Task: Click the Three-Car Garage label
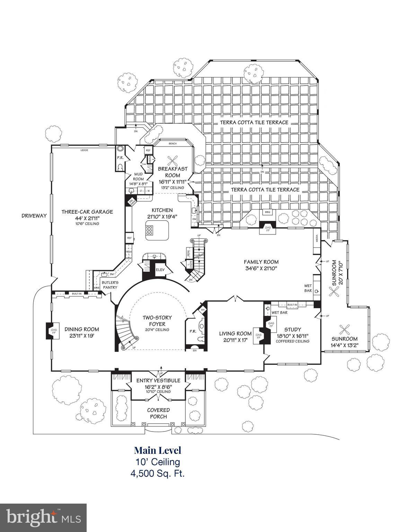pyautogui.click(x=87, y=212)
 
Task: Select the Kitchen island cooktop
pyautogui.click(x=151, y=230)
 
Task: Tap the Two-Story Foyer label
pyautogui.click(x=157, y=321)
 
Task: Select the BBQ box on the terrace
pyautogui.click(x=267, y=212)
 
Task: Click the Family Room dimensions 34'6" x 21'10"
pyautogui.click(x=261, y=268)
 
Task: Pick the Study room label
pyautogui.click(x=292, y=329)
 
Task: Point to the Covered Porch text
pyautogui.click(x=158, y=413)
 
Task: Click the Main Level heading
pyautogui.click(x=157, y=450)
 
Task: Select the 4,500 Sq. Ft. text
pyautogui.click(x=157, y=473)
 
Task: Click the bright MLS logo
pyautogui.click(x=43, y=517)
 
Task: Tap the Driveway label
pyautogui.click(x=34, y=215)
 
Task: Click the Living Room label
pyautogui.click(x=235, y=334)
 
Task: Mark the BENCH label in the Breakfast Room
pyautogui.click(x=172, y=143)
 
